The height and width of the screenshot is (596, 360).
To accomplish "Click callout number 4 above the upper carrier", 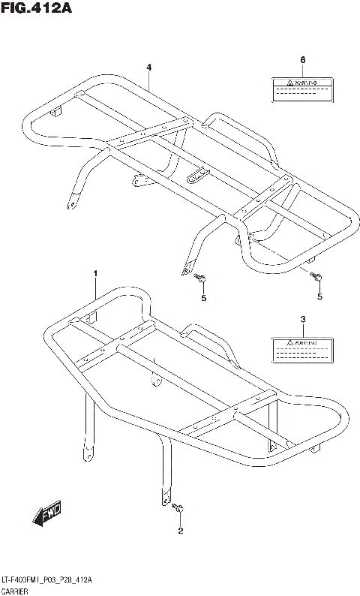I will [x=149, y=68].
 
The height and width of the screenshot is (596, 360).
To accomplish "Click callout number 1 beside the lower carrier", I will [x=95, y=275].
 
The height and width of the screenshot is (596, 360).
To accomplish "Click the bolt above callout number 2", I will [x=178, y=510].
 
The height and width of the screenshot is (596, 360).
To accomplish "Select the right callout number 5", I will [x=319, y=297].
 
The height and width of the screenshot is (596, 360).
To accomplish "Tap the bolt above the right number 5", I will [x=317, y=278].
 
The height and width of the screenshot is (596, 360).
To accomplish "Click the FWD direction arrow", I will [x=47, y=515].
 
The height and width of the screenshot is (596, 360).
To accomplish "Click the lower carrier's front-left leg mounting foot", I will [x=88, y=453].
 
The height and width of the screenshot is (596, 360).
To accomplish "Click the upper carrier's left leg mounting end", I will [x=73, y=202].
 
